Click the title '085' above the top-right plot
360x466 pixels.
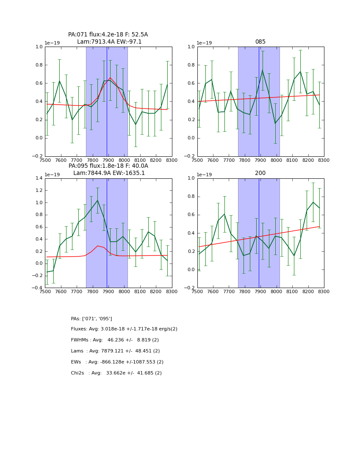[x=260, y=42]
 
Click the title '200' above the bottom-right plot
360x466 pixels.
[x=260, y=173]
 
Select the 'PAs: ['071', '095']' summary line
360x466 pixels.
[x=91, y=319]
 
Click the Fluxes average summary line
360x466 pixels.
[x=124, y=329]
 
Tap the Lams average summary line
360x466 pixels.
[x=115, y=351]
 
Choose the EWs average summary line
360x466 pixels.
[x=117, y=362]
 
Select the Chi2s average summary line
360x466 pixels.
[x=116, y=373]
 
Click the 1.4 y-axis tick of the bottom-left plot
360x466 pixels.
[x=39, y=178]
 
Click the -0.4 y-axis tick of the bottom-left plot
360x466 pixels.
[x=38, y=288]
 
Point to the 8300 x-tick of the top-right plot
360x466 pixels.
[x=324, y=160]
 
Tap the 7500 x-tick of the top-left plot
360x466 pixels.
[x=45, y=160]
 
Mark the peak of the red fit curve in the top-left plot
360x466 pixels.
[x=110, y=78]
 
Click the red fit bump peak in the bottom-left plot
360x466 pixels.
[x=97, y=246]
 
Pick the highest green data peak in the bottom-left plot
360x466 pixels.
[x=97, y=200]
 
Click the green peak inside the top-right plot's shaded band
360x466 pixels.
[x=262, y=70]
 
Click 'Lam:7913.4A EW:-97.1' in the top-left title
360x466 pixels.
[x=109, y=42]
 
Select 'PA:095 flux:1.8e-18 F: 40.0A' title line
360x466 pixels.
[x=108, y=166]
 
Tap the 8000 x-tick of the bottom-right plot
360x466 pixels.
[x=276, y=291]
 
